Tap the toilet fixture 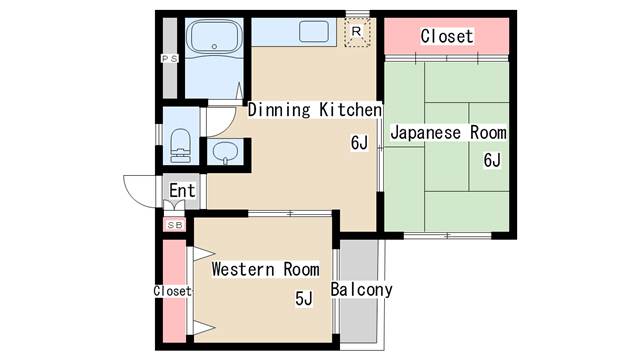(181, 145)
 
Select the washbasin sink (226, 153)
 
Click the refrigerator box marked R (358, 33)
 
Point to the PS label (168, 60)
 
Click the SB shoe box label (174, 225)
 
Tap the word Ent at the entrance (182, 191)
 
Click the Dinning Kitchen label (315, 109)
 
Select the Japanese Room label (447, 133)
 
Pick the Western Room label (265, 269)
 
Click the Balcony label (362, 290)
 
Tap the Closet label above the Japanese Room (446, 36)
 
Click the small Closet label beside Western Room (172, 291)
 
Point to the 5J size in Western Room (304, 298)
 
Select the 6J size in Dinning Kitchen (360, 142)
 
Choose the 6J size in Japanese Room (491, 160)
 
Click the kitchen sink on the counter (314, 32)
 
